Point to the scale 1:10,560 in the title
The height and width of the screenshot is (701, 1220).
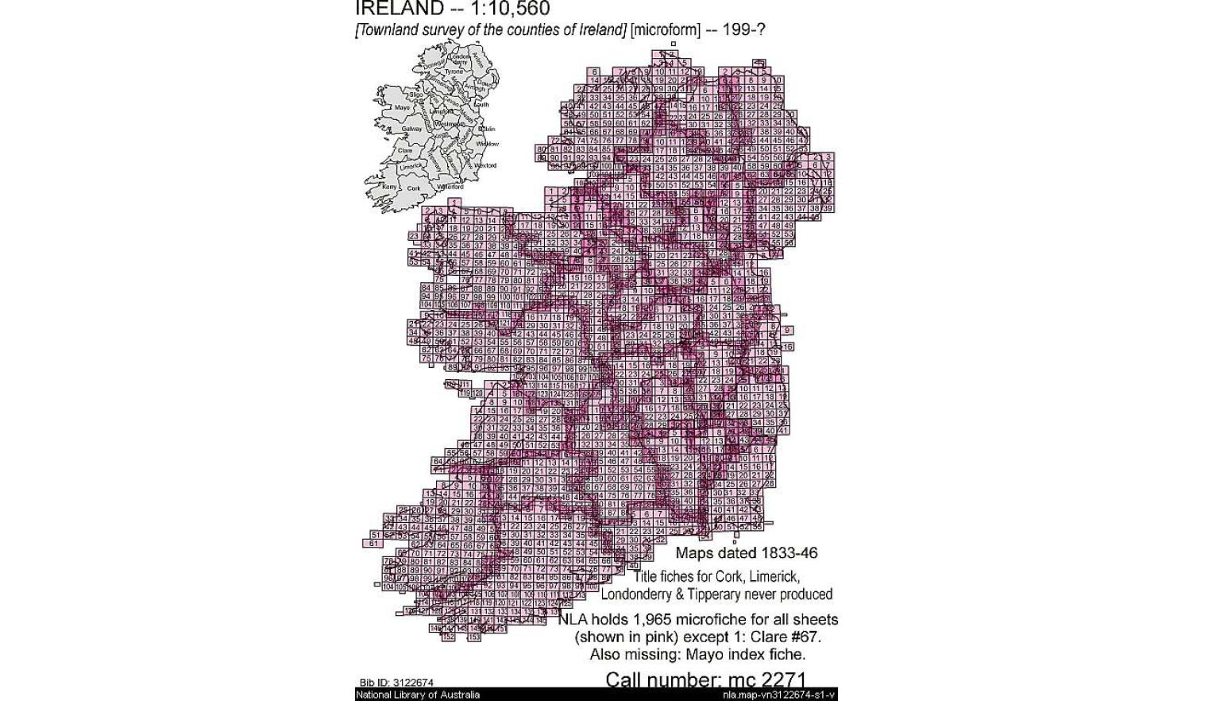(x=512, y=9)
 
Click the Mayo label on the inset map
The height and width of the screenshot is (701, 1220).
(x=402, y=107)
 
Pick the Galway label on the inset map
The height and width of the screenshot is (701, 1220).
(x=411, y=129)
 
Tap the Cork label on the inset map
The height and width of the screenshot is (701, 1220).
(x=413, y=188)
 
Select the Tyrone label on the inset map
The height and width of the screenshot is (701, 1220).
(x=453, y=72)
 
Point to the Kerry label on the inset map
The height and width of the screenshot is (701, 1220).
(x=389, y=187)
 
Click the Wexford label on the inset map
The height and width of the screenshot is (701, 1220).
(x=485, y=165)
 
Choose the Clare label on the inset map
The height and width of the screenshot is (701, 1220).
(x=405, y=150)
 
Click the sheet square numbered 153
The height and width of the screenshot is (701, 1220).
(x=474, y=637)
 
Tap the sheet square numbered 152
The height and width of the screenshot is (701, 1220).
(x=448, y=637)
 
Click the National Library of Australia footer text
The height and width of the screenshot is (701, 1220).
(x=418, y=695)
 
